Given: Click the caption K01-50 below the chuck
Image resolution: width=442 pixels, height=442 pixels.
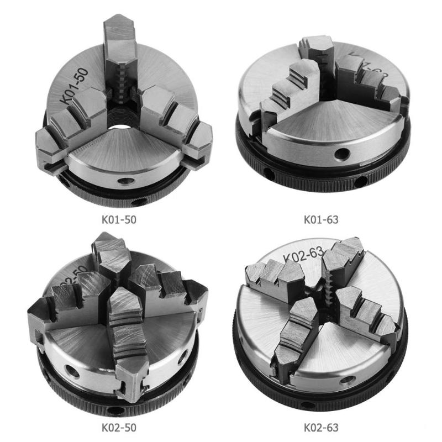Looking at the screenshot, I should click(x=117, y=219).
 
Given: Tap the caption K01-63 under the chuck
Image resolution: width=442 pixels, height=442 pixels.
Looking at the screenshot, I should click(x=321, y=219).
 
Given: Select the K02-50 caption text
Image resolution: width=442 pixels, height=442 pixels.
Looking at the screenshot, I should click(x=117, y=427).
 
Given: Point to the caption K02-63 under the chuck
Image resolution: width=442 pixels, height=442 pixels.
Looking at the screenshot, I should click(x=321, y=427).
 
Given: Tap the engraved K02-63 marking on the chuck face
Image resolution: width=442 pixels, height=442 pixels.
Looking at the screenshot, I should click(x=302, y=255).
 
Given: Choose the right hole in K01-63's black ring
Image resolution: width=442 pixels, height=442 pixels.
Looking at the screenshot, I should click(x=360, y=181).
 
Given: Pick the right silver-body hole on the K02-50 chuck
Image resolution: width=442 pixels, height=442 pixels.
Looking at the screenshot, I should click(x=181, y=360).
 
